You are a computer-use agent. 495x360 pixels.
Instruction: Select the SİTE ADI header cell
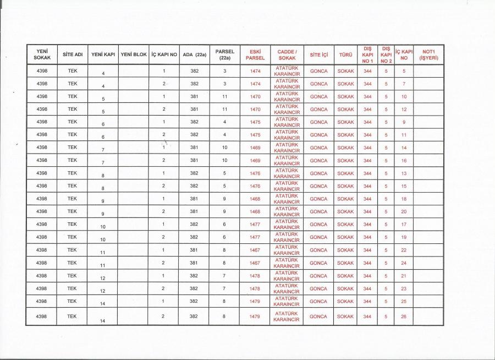(73, 54)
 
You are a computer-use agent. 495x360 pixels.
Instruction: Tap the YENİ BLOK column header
(133, 54)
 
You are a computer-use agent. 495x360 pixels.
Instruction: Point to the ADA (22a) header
(194, 54)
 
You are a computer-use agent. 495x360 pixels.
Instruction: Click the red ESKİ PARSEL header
(255, 54)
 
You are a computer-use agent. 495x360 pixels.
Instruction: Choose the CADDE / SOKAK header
(287, 54)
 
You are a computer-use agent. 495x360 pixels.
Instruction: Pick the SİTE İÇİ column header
(318, 54)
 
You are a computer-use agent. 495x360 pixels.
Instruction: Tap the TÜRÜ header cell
(345, 54)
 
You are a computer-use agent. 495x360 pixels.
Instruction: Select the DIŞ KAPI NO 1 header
(367, 54)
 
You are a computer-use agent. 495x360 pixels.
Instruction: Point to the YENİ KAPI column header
(102, 54)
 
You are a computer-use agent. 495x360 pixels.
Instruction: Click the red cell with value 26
(404, 317)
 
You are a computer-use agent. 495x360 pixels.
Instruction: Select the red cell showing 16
(404, 160)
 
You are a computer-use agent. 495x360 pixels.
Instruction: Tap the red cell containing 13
(404, 173)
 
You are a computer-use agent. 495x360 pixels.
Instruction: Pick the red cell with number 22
(404, 250)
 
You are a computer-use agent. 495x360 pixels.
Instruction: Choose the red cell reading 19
(404, 237)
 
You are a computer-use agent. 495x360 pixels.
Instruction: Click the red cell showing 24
(404, 263)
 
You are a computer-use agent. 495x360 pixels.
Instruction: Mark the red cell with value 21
(404, 276)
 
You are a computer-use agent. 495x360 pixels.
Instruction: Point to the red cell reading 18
(404, 199)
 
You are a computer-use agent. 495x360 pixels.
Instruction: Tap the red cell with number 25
(404, 302)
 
